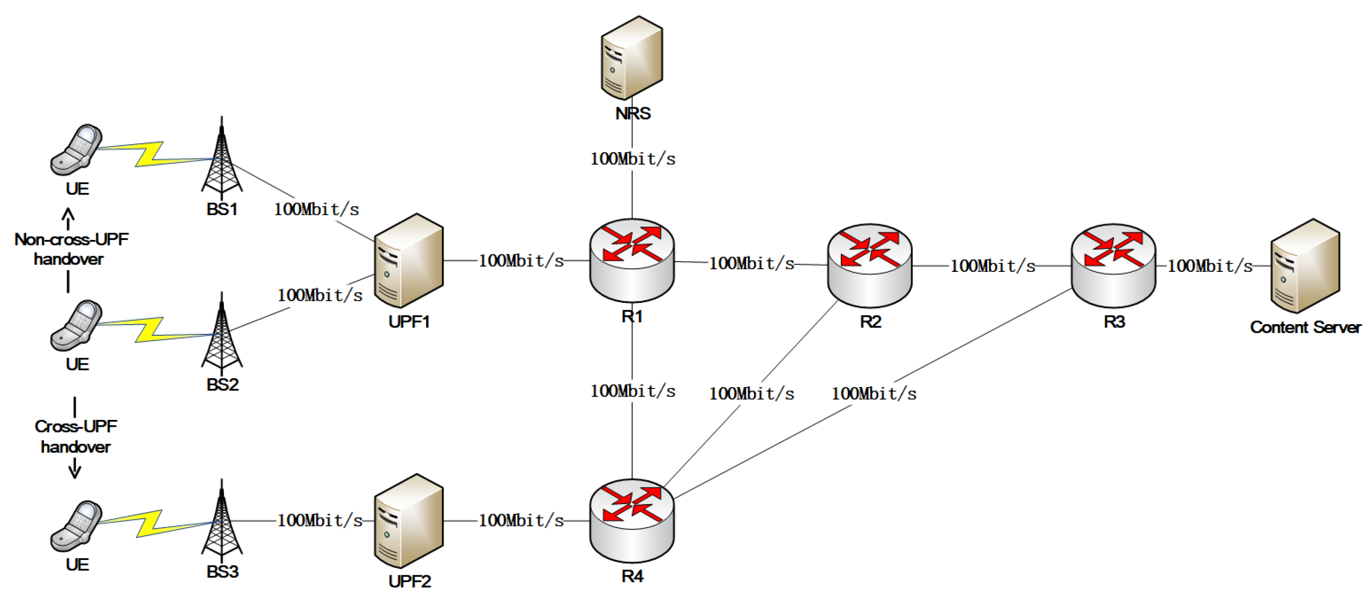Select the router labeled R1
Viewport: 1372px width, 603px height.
[x=632, y=260]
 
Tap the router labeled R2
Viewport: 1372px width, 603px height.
[x=869, y=265]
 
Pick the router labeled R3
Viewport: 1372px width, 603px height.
[x=1113, y=265]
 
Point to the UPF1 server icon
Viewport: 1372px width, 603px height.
[x=408, y=260]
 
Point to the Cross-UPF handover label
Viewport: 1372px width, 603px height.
[x=75, y=437]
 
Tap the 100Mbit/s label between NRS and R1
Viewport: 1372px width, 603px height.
[x=632, y=159]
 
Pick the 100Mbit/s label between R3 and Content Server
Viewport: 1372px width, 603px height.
[x=1210, y=265]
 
